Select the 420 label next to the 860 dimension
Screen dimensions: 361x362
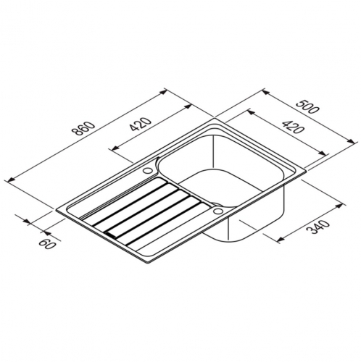click(x=140, y=125)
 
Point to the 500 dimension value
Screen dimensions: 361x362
click(x=307, y=106)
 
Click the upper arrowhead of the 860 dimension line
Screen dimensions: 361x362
click(x=164, y=92)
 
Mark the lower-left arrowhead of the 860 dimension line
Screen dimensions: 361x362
click(x=12, y=179)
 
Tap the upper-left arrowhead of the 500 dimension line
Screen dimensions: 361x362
click(x=266, y=93)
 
